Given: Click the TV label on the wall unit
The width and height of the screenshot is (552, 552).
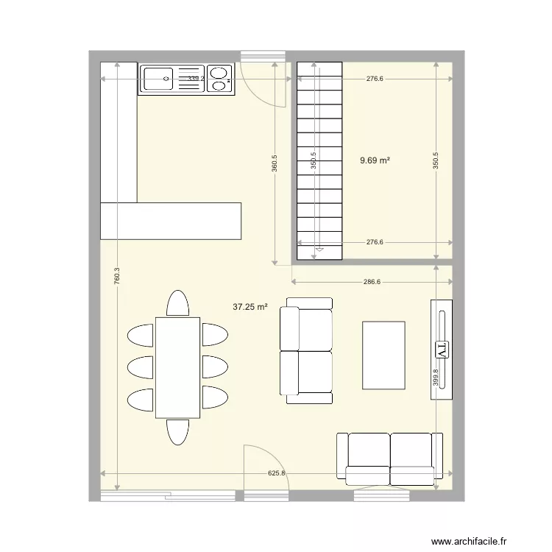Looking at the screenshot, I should coord(442,348).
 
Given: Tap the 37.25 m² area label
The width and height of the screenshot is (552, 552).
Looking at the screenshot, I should coord(250,308).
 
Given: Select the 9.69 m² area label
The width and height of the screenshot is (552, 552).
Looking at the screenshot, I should coord(375,160).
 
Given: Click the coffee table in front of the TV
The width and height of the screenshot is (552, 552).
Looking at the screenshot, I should coord(383,355).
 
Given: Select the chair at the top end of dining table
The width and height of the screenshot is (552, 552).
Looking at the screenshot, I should coord(177,303).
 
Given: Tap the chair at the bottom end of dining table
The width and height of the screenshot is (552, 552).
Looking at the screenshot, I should coord(177,431).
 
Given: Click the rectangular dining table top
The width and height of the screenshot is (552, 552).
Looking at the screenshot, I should coord(177,367).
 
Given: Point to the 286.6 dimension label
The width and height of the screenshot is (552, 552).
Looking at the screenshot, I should coord(372,281).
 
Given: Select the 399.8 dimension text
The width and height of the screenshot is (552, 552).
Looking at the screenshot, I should coord(436,378).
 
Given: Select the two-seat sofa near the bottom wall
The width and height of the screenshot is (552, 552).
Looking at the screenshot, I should coord(390,456).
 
